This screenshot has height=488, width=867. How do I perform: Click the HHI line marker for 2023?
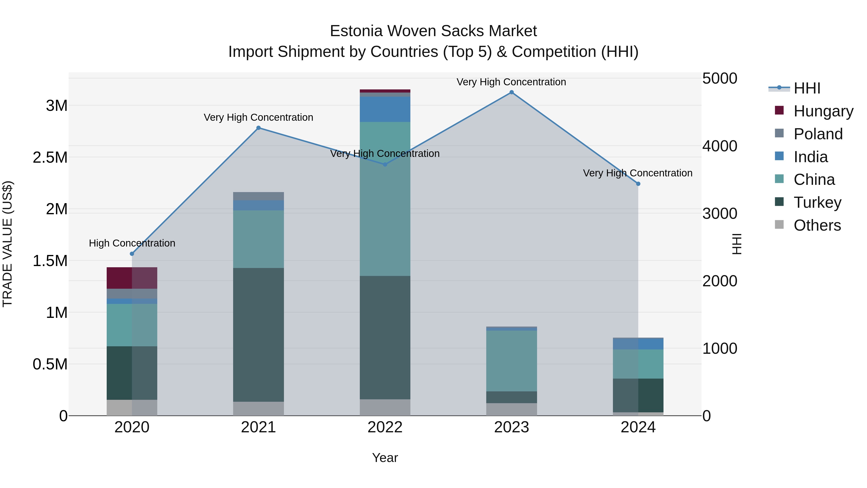pyautogui.click(x=512, y=92)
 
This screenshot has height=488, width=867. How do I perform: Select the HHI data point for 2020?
pyautogui.click(x=132, y=254)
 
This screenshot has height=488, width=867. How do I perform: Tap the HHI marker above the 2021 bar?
pyautogui.click(x=258, y=128)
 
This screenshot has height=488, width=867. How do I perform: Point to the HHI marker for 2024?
pyautogui.click(x=638, y=184)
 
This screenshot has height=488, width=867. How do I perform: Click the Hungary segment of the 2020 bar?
pyautogui.click(x=132, y=278)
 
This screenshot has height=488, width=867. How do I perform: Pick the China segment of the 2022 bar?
pyautogui.click(x=385, y=199)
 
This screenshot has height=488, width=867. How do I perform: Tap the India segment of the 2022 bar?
pyautogui.click(x=385, y=109)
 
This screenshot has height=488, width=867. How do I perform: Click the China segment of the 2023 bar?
pyautogui.click(x=512, y=361)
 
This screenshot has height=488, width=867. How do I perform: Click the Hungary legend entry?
pyautogui.click(x=823, y=111)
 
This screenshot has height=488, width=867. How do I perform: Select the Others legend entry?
pyautogui.click(x=817, y=225)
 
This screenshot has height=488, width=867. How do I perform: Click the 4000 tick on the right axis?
pyautogui.click(x=720, y=146)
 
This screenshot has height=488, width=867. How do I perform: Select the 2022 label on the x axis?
pyautogui.click(x=385, y=427)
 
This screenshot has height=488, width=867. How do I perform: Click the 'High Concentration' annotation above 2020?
pyautogui.click(x=132, y=243)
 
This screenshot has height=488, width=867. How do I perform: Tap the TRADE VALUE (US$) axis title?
pyautogui.click(x=7, y=244)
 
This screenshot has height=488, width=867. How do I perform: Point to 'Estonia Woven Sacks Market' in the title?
pyautogui.click(x=433, y=31)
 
